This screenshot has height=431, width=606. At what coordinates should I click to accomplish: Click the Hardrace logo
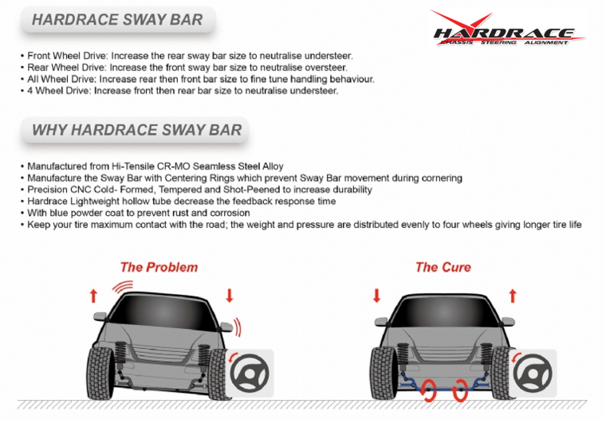pos(508,29)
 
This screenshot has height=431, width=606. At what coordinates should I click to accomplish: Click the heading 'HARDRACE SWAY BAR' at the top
pos(117,20)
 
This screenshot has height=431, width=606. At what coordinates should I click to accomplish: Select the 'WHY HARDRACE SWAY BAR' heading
pos(137,130)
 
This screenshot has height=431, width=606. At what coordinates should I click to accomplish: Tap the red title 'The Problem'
pos(159,267)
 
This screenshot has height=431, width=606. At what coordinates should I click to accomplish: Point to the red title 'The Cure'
pos(443,267)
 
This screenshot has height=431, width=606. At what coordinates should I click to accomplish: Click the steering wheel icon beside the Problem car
pos(250,373)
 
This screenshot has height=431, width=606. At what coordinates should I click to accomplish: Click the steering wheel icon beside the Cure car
pos(533,373)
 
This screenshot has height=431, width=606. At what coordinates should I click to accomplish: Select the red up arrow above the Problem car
pos(93,296)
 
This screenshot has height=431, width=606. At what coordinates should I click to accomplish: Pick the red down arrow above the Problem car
pos(230,296)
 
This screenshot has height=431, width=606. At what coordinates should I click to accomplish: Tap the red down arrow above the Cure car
pos(377,296)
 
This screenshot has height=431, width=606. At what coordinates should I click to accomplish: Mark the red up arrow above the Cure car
pos(513,296)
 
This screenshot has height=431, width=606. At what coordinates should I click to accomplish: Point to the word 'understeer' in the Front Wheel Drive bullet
pos(328,56)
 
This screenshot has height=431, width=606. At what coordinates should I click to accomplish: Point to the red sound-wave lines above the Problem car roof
pos(124,286)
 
